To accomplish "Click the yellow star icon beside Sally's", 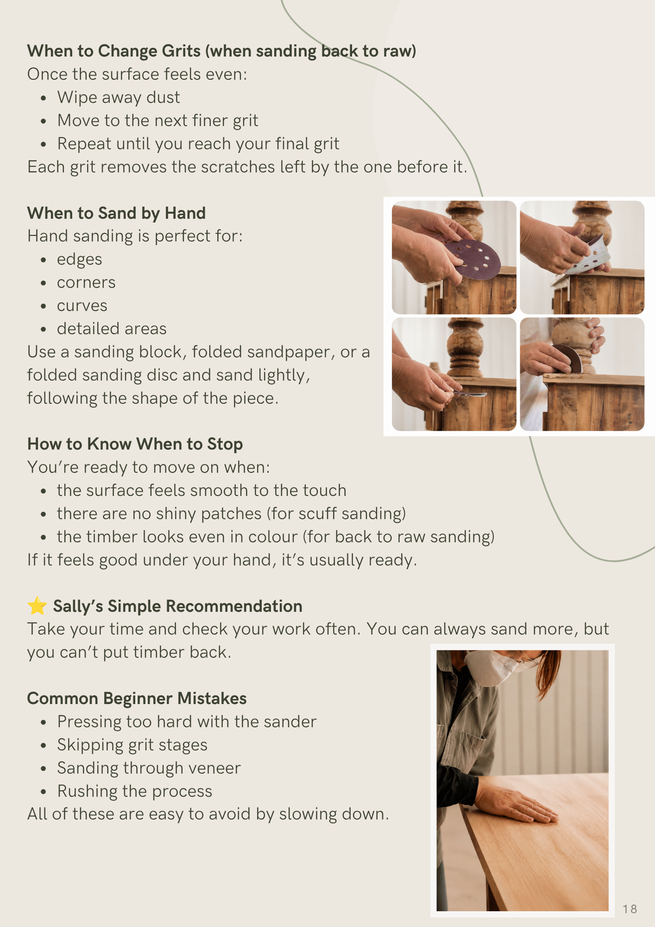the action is point(37,605).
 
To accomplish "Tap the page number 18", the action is point(630,909).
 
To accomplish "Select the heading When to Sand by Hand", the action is point(116,213).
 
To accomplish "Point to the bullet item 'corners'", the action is point(86,282).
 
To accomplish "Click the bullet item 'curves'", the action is point(82,305).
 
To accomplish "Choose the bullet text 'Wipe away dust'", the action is point(119,97).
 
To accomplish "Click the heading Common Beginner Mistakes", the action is point(137,698).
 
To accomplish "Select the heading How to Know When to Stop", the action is point(135,444).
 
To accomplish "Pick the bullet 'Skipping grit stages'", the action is point(132,745).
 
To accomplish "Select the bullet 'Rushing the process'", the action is point(135,791).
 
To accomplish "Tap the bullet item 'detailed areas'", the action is point(112,329).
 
